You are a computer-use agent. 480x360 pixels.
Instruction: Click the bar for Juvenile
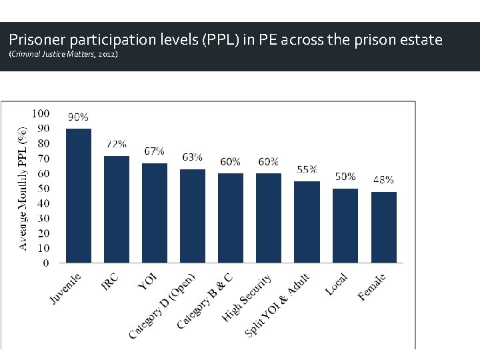[79, 196]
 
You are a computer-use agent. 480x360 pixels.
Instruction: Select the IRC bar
[117, 209]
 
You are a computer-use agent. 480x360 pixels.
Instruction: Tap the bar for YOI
[155, 213]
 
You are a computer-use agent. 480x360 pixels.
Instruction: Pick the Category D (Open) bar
[193, 216]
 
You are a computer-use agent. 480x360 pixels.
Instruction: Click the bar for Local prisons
[345, 226]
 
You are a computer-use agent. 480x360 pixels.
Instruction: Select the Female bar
[383, 227]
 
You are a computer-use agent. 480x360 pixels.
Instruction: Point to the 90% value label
[79, 117]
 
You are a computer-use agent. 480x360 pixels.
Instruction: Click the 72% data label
[117, 144]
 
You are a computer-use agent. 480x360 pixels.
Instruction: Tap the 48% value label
[383, 179]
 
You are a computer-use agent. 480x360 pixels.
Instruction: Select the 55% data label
[307, 169]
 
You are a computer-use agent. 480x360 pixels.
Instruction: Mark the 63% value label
[193, 157]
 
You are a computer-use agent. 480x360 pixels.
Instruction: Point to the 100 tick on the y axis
[41, 113]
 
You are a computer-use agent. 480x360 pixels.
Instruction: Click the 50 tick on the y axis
[43, 188]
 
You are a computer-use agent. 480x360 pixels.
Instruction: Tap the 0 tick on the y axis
[45, 263]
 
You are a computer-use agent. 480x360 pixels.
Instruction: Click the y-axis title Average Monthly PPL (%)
[22, 181]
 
